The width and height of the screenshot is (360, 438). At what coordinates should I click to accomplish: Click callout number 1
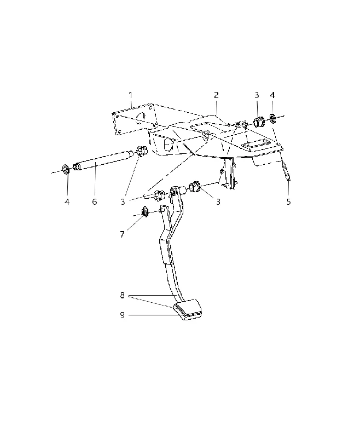131,95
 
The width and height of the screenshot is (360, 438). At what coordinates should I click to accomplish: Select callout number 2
216,95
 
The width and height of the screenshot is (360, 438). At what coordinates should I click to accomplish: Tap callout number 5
288,201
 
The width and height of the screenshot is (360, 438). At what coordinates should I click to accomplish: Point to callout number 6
94,201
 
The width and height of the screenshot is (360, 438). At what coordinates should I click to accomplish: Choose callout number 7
122,234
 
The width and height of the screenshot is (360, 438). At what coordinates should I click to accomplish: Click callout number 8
122,295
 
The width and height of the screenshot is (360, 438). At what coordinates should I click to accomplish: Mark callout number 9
122,315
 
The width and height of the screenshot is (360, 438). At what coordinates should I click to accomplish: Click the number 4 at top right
272,95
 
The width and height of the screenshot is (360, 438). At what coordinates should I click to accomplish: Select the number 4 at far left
67,201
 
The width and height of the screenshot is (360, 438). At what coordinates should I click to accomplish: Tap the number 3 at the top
257,95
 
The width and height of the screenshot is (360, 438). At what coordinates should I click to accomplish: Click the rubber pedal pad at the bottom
188,310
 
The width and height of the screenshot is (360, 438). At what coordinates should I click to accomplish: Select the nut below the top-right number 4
272,118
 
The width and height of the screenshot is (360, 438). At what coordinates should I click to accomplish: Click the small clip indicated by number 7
146,211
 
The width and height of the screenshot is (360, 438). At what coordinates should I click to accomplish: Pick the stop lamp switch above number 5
287,172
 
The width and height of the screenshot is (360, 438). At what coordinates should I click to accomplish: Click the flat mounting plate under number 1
135,119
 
